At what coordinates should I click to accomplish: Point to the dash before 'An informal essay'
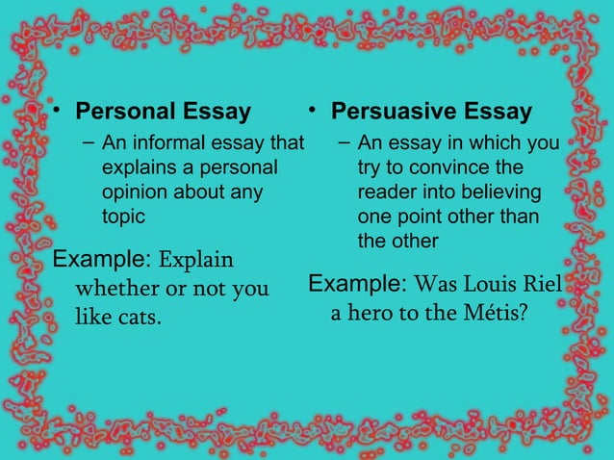point(88,143)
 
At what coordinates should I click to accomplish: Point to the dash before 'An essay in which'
point(344,143)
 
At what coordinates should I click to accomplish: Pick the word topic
point(124,217)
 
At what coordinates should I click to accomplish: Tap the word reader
point(387,192)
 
